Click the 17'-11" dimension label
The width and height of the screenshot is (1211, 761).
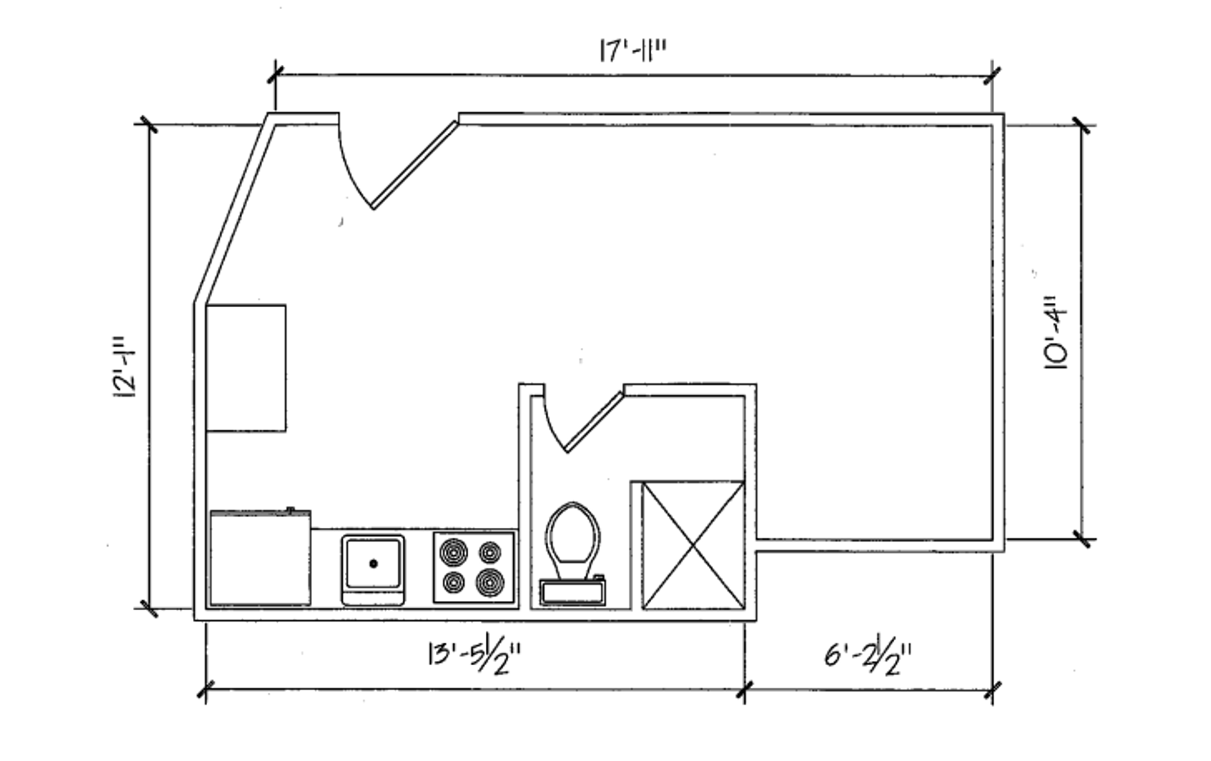[x=632, y=51]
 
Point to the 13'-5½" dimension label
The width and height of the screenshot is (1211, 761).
[x=474, y=657]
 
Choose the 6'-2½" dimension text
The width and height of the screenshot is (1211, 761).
[x=867, y=657]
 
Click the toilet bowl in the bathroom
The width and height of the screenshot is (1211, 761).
[x=573, y=533]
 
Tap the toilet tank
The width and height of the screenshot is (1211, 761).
[x=572, y=590]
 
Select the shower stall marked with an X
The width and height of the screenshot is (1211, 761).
[x=693, y=545]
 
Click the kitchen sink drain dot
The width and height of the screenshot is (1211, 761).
[x=373, y=564]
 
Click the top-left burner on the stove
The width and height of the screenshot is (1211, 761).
[x=453, y=552]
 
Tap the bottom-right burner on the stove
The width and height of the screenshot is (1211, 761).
[x=490, y=583]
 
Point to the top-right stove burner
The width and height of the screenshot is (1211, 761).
[x=490, y=552]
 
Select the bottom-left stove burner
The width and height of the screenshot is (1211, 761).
[x=454, y=583]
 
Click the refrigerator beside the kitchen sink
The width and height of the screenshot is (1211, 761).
[x=260, y=559]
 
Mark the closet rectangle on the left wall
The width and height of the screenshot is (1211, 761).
[x=246, y=368]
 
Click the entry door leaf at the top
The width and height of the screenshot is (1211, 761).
[x=415, y=165]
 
